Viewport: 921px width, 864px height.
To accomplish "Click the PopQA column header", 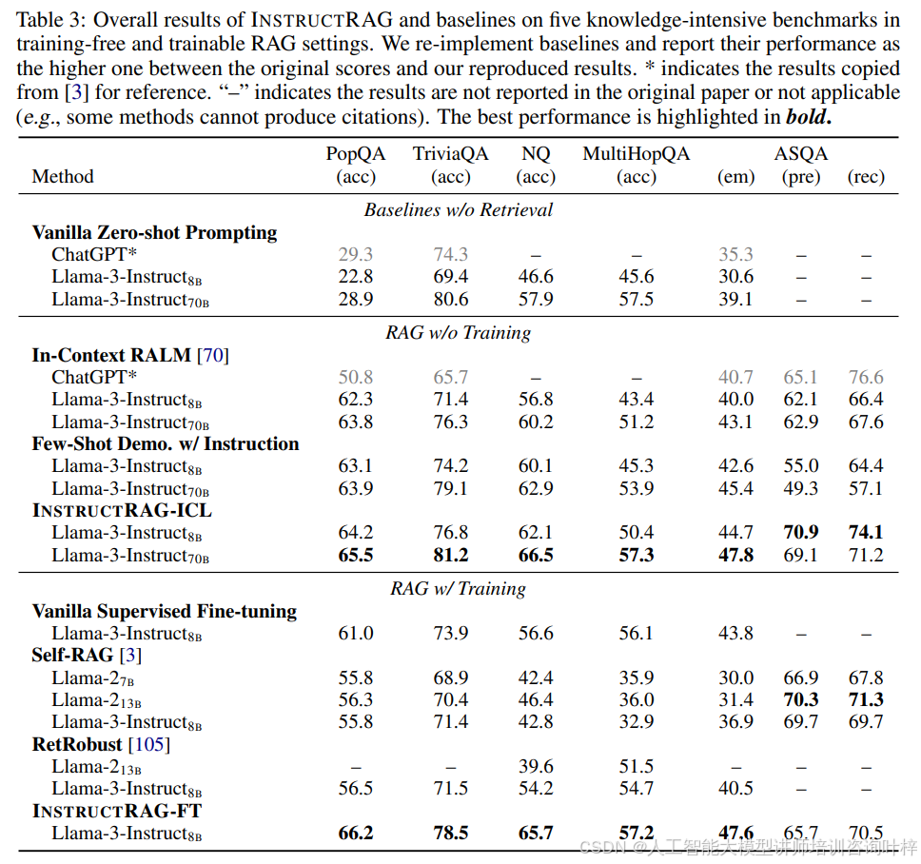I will (356, 154).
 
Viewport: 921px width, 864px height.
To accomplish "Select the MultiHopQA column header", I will (636, 154).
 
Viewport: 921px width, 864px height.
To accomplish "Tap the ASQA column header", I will (800, 154).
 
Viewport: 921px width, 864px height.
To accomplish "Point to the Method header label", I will (63, 176).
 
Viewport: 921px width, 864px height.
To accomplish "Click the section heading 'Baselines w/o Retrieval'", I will (458, 209).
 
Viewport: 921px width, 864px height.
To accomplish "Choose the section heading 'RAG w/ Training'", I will (458, 589).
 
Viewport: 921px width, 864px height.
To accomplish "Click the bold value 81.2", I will (451, 555).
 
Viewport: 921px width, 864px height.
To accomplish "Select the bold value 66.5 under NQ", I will (537, 555).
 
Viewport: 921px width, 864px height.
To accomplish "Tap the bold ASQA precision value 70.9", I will (800, 533).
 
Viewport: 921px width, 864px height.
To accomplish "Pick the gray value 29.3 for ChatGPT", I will (356, 254).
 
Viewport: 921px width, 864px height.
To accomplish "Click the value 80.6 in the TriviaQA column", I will (451, 299).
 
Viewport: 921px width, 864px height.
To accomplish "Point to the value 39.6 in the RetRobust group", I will (537, 766).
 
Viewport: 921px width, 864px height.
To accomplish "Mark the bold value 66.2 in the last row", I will (356, 833).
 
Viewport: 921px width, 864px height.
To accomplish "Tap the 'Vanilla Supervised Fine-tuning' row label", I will (164, 611).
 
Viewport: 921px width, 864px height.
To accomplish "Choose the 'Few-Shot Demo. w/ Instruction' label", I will (166, 444).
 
